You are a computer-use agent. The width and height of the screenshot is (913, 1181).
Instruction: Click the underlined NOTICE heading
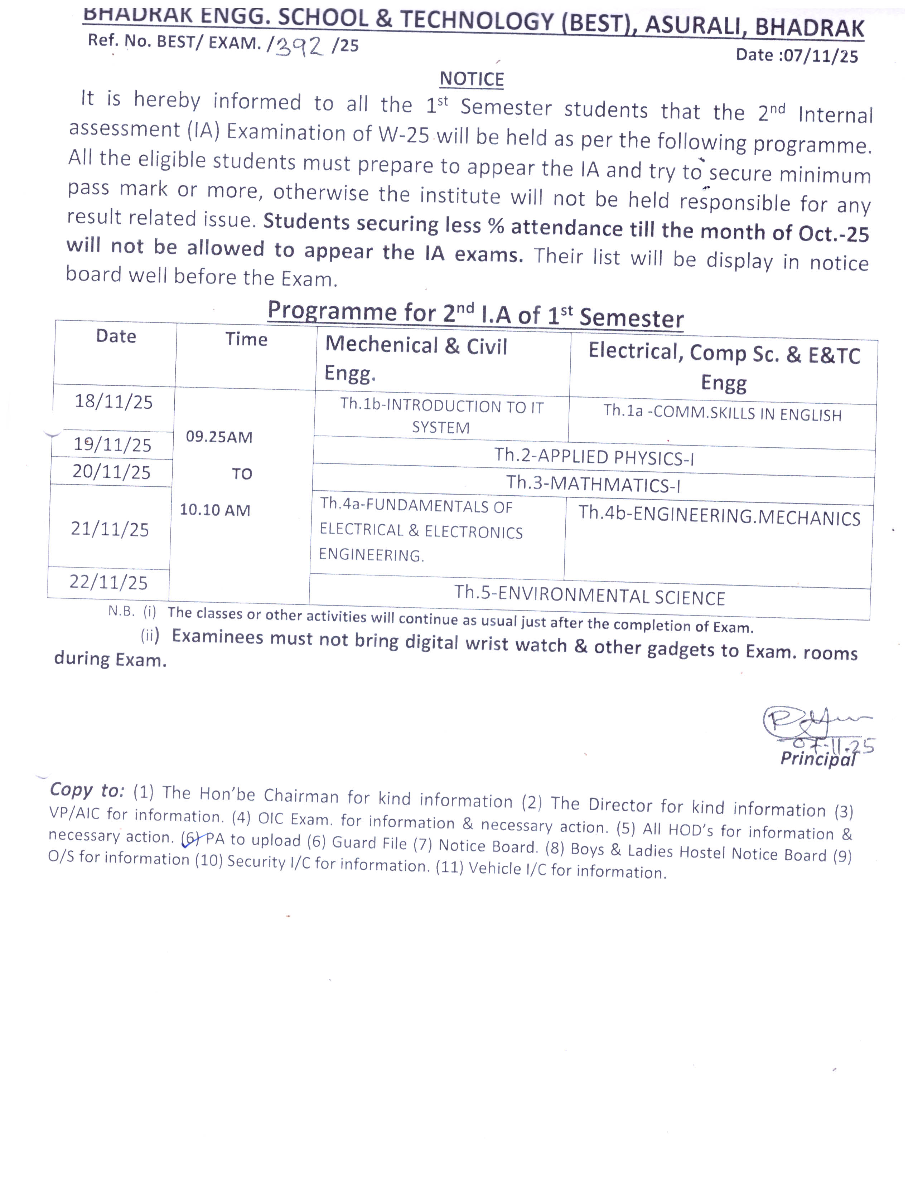point(471,79)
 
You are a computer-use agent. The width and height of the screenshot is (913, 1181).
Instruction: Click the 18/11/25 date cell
point(113,402)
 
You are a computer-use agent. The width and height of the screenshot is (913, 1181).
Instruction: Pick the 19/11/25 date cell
point(112,444)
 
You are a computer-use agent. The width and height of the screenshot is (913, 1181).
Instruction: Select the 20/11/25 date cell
point(111,472)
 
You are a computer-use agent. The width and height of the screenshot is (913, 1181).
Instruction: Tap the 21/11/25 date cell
point(110,529)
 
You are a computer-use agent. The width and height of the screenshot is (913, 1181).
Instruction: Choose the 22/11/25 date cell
point(108,582)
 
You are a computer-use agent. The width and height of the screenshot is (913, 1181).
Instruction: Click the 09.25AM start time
point(219,437)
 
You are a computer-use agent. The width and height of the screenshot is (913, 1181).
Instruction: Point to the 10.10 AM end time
point(215,510)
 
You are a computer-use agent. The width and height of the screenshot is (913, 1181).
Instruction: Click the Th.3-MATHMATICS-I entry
point(593,483)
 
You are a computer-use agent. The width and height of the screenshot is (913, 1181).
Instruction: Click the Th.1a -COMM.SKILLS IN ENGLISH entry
point(722,414)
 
